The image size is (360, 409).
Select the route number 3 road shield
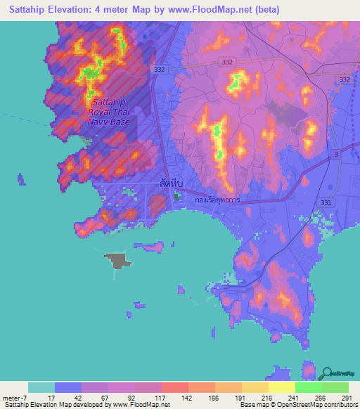coord(337,154)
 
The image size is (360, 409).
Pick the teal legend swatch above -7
coord(41,387)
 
